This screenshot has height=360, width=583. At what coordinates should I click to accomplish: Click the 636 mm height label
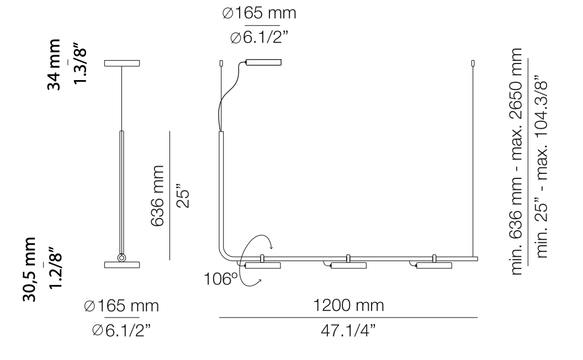point(158,195)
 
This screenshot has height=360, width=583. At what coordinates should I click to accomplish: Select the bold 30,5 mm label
point(31,271)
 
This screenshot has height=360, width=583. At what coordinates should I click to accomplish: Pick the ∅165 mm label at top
point(260,13)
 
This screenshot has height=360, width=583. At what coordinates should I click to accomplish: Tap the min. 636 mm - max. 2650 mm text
point(517,161)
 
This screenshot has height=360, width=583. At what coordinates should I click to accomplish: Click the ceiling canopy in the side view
point(122,63)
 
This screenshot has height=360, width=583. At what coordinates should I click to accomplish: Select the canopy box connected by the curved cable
point(263,62)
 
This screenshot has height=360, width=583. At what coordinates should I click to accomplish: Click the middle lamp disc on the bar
point(348,267)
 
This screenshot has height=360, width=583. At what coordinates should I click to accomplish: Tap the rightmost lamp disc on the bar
point(434,267)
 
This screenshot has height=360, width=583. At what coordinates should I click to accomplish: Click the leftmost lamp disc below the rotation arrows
point(263,267)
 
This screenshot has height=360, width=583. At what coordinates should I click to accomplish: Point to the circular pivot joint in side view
point(122,257)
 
